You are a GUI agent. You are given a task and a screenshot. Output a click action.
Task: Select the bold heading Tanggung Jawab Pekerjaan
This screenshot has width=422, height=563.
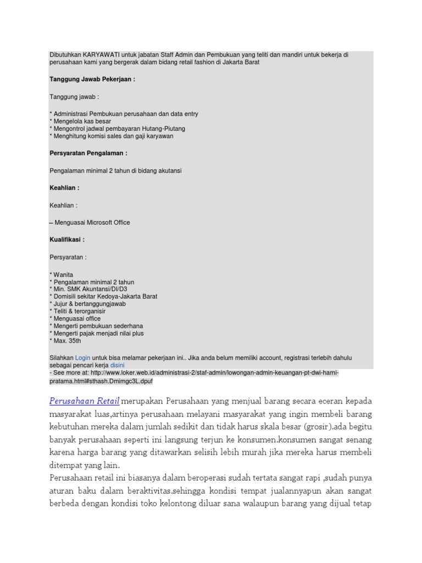(92, 79)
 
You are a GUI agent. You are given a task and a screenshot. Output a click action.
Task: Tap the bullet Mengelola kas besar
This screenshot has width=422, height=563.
(80, 121)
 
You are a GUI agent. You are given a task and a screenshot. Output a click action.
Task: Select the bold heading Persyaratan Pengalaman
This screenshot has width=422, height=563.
(88, 153)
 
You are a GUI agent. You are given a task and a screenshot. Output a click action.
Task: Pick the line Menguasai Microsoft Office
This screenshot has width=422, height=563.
(91, 223)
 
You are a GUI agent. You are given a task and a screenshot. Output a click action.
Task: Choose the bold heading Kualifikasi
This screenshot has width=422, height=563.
(67, 240)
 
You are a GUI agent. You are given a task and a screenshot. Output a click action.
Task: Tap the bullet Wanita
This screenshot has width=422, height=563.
(62, 274)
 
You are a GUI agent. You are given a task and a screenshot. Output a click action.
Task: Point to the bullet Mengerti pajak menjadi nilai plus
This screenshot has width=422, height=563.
(97, 333)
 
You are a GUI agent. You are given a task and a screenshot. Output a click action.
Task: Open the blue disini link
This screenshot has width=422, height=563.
(118, 365)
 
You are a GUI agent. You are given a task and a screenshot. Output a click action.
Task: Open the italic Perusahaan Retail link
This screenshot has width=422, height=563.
(84, 400)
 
